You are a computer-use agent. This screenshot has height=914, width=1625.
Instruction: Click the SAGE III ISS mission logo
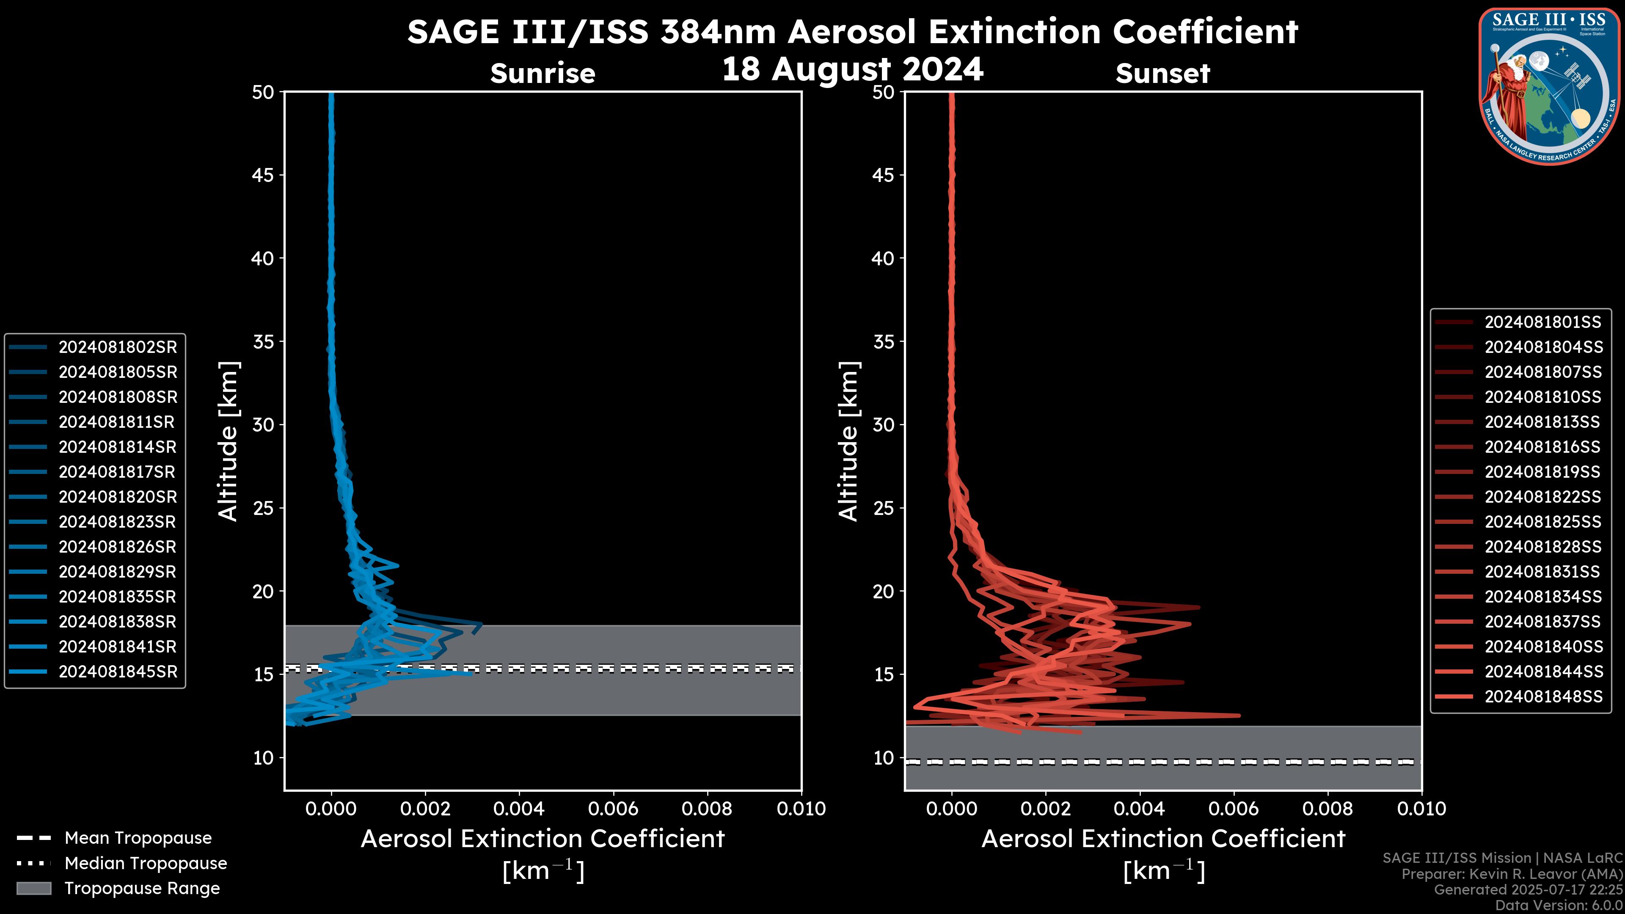click(x=1549, y=86)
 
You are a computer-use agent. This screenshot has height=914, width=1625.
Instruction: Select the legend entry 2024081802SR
click(x=117, y=347)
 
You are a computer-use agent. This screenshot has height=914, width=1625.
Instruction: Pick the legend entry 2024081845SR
click(x=117, y=672)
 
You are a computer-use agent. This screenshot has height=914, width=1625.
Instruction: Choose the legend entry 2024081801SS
click(x=1542, y=322)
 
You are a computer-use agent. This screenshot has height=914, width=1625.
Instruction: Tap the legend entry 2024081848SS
click(x=1542, y=697)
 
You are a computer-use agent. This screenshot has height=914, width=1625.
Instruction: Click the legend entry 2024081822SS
click(x=1542, y=497)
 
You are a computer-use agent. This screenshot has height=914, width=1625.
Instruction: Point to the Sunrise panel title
click(x=543, y=73)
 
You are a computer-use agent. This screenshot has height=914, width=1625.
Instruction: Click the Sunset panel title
click(x=1162, y=73)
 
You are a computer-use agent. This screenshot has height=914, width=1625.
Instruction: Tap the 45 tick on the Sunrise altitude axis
click(x=263, y=175)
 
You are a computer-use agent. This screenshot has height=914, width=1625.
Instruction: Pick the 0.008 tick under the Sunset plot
click(x=1328, y=809)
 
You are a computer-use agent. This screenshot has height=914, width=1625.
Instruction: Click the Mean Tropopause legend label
click(x=138, y=838)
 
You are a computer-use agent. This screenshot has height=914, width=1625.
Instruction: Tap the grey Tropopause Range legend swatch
click(x=33, y=888)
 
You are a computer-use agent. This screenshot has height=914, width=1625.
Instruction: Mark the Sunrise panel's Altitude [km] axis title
click(x=228, y=441)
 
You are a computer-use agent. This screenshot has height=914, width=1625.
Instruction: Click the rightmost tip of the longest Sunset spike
click(x=1239, y=715)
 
